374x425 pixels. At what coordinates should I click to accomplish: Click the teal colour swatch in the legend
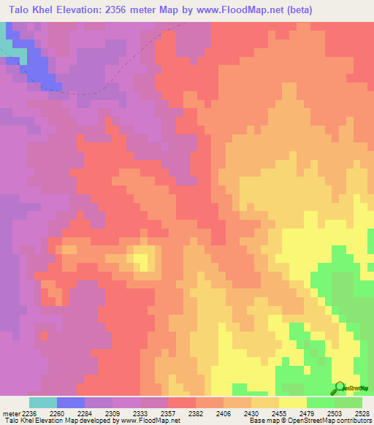pos(43,402)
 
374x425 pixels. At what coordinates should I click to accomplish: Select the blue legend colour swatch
pos(71,402)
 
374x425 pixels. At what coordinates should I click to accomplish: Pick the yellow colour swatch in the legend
pos(293,402)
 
